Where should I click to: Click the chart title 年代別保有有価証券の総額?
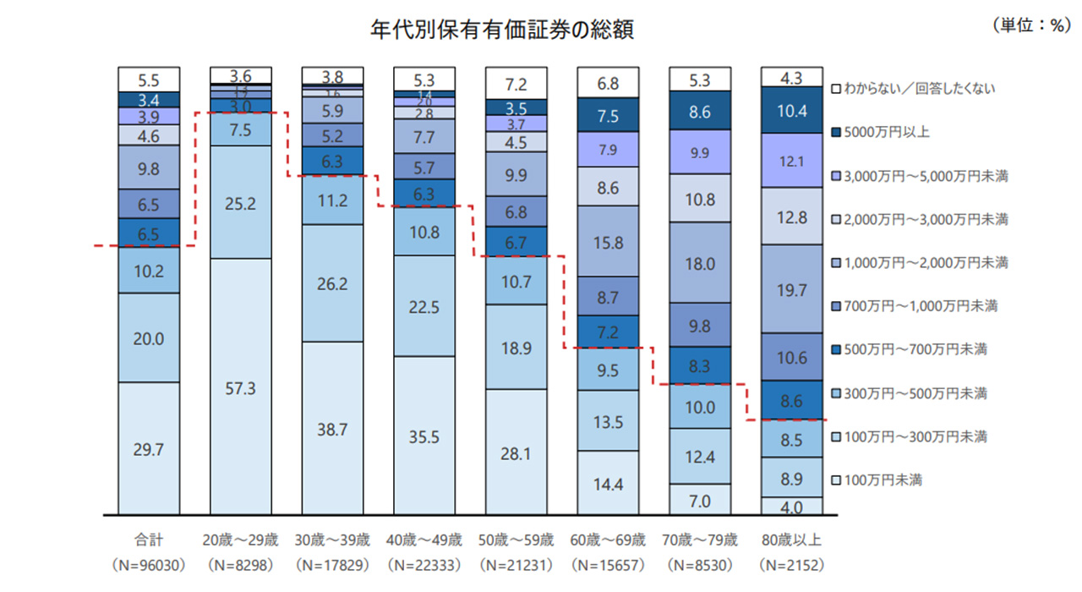(x=502, y=30)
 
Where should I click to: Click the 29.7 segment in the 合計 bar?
(x=149, y=449)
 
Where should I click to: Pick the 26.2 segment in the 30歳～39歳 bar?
(x=332, y=283)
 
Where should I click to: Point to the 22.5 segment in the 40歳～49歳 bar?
(x=424, y=306)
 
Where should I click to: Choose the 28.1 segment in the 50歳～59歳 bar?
(x=516, y=453)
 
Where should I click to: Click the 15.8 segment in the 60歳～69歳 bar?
(x=608, y=242)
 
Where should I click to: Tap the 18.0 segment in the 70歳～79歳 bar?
(x=700, y=263)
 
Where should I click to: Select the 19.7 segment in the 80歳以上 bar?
(x=792, y=289)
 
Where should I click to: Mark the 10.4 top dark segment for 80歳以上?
(x=792, y=111)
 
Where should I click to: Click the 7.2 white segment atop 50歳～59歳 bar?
(x=516, y=85)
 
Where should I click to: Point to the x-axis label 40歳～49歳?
(x=424, y=540)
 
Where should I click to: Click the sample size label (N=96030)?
(x=149, y=562)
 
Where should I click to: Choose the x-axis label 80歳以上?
(x=792, y=540)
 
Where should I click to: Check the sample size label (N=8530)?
(x=700, y=562)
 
